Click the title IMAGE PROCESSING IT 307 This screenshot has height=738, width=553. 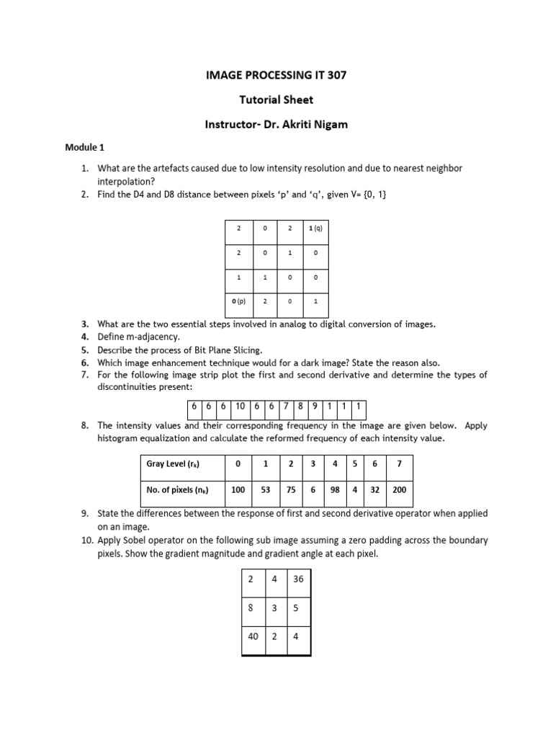(276, 75)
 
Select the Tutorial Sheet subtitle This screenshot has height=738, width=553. (276, 99)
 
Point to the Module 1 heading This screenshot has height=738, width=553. (86, 148)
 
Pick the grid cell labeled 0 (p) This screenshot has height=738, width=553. (238, 302)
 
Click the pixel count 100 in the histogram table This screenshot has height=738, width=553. (238, 490)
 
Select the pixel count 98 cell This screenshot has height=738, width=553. (334, 490)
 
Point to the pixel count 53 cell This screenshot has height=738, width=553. (265, 490)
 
